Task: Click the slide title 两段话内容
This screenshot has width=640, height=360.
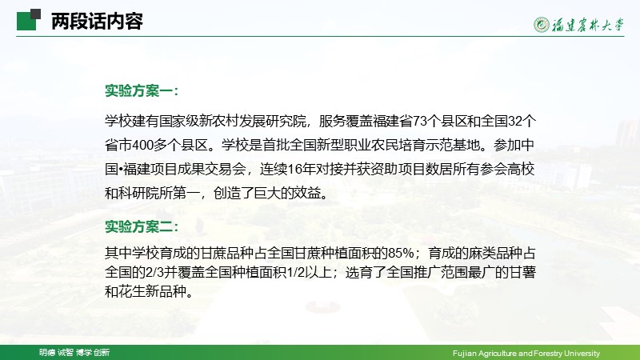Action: coord(97,22)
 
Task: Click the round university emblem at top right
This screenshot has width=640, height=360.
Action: coord(542,25)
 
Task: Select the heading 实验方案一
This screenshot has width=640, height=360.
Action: coord(142,90)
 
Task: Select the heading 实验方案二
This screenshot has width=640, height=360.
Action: coord(142,226)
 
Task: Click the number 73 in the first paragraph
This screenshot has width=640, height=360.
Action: coord(421,122)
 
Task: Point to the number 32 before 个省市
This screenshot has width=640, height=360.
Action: coord(515,122)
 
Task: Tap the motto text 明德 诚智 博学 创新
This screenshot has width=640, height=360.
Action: coord(74,352)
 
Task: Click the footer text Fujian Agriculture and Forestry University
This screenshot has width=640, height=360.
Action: coord(526,353)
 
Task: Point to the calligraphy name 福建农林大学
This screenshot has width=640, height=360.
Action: coord(588,25)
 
